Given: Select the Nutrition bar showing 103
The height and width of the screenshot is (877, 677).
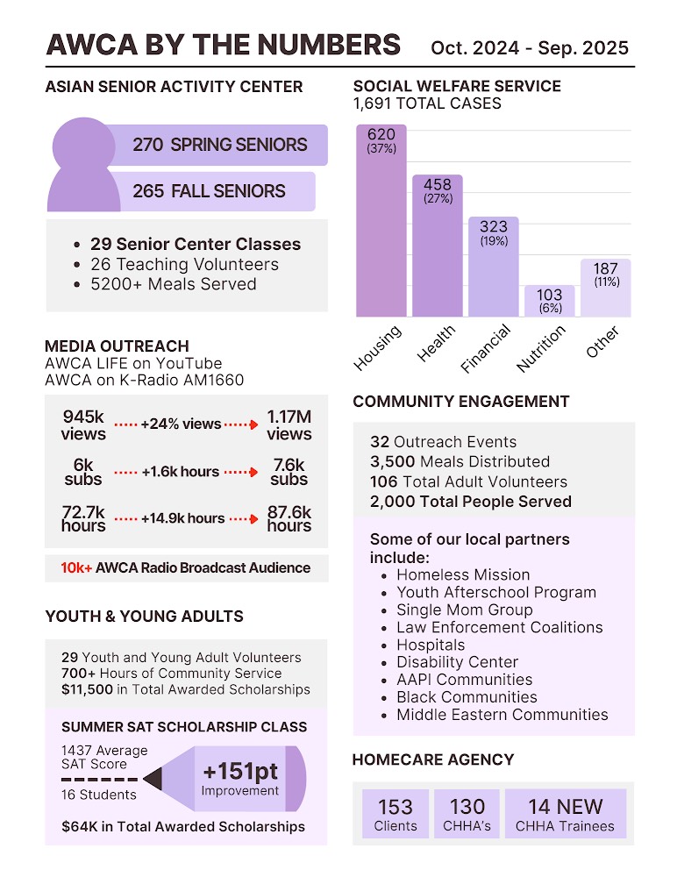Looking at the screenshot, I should coord(550,301).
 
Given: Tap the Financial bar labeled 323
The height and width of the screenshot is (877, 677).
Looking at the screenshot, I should coord(494,267).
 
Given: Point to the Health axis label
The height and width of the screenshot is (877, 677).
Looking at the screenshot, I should coord(436,343).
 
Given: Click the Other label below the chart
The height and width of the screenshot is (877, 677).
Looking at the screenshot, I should coord(602,342).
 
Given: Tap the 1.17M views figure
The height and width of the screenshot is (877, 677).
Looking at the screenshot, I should coord(289,424).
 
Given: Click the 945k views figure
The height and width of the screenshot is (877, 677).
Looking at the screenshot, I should coord(83,424).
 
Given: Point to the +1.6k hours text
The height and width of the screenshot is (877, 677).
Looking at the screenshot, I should coord(180,472).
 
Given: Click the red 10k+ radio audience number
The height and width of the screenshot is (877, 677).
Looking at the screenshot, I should coord(75,567).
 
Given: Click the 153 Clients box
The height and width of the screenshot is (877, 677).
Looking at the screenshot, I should coord(396,814).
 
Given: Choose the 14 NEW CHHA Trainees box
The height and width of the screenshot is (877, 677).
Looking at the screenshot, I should coord(565,814).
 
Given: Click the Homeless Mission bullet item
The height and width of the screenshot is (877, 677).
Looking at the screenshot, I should coord(463,575).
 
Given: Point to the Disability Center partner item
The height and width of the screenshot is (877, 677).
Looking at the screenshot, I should coord(457,662).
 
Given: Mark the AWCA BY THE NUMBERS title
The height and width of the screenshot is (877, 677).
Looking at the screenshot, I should coord(223,45).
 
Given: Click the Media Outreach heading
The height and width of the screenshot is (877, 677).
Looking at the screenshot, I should coord(117,346).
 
